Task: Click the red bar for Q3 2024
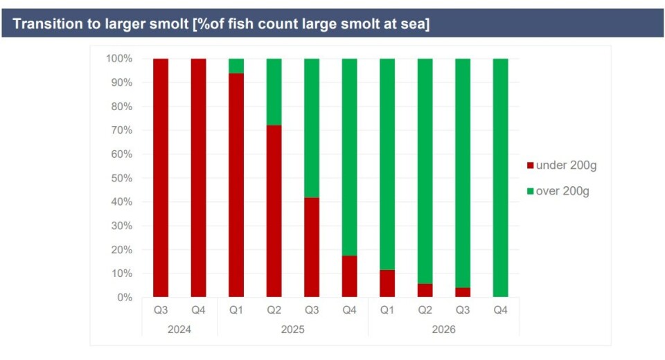tap(161, 178)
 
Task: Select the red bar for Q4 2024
tap(199, 178)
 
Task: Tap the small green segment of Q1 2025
tap(236, 66)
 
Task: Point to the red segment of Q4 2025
tap(350, 276)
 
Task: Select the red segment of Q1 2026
tap(387, 283)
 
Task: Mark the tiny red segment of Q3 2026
tap(463, 292)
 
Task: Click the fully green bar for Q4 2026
tap(500, 178)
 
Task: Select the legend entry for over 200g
tap(558, 191)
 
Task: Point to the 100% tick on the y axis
tap(118, 59)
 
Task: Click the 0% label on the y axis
tap(124, 297)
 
